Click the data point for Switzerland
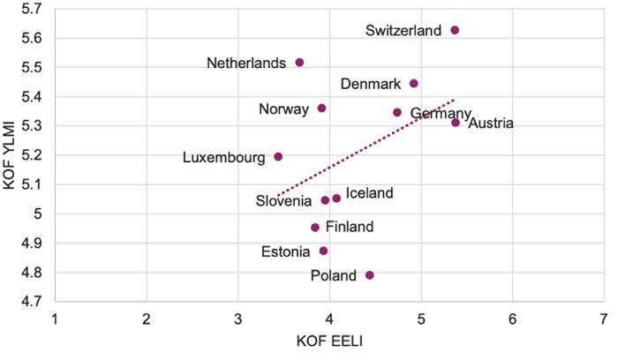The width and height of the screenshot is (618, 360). coord(455,30)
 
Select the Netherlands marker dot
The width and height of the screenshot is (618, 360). coord(299,63)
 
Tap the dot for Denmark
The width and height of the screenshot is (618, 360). coord(413,84)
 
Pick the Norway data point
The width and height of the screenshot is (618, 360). coord(321,109)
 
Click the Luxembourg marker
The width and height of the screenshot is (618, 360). coord(278,157)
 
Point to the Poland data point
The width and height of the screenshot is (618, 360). coord(369,275)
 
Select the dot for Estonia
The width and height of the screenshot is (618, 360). coord(323,251)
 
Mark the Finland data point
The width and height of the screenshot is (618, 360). coord(315,228)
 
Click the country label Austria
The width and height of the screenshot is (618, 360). coord(491,124)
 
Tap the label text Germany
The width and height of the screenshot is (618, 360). coord(441,114)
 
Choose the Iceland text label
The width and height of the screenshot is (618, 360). coord(369,193)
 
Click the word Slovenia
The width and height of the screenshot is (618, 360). coord(283,201)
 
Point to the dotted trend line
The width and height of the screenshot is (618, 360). coord(366,147)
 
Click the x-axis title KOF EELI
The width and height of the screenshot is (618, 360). coord(329,341)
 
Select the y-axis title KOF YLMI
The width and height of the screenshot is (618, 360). coord(9,155)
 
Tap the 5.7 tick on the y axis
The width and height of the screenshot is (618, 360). coord(32,9)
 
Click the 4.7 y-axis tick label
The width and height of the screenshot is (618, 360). coord(32,302)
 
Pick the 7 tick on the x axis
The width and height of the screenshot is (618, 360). coord(603,319)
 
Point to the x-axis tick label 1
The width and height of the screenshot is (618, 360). coord(55,319)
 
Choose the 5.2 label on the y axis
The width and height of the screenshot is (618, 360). coord(32,155)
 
